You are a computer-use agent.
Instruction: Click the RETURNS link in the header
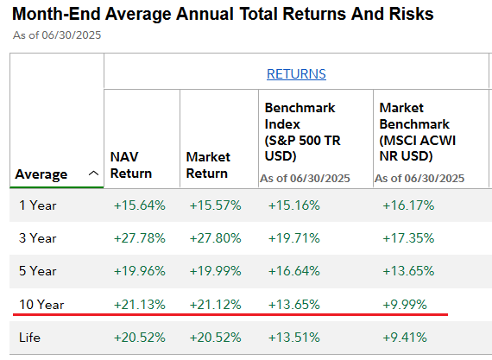296,74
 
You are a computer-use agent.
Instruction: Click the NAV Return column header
132,165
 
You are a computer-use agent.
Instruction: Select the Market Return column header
208,165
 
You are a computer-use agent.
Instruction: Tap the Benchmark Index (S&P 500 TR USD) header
300,132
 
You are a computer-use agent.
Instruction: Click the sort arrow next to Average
92,174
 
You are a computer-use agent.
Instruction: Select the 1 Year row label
38,205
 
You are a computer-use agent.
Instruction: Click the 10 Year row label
41,304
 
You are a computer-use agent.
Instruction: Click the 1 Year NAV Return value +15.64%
139,205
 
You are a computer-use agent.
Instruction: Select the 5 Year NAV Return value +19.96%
139,271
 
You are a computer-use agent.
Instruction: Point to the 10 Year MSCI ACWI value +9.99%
406,304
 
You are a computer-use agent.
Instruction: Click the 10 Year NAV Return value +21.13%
139,304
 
